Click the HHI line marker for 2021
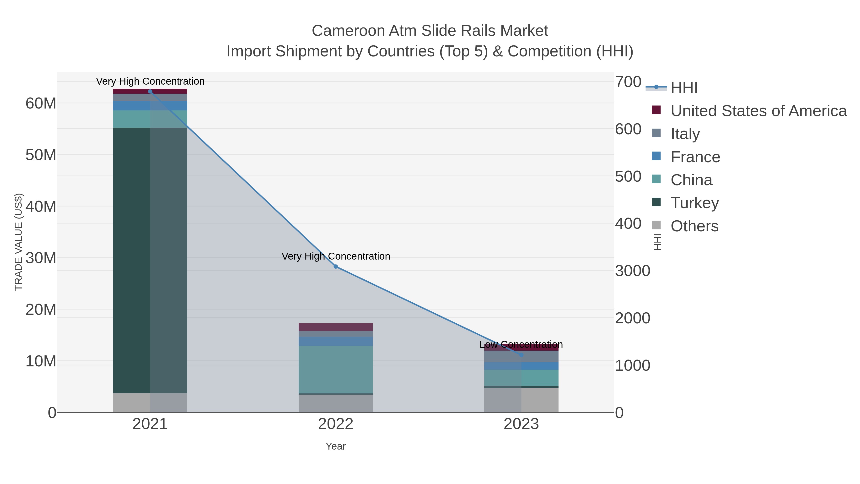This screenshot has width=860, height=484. (150, 92)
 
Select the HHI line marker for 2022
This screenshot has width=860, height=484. (336, 266)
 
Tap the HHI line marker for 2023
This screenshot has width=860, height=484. (521, 355)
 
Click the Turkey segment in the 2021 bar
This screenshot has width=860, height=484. (150, 261)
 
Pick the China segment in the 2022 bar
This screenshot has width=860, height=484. (336, 370)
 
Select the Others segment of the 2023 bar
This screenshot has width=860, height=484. (521, 400)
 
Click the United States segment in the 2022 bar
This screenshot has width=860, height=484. (336, 327)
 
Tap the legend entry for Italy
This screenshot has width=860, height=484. (685, 134)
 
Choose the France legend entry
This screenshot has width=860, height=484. (695, 157)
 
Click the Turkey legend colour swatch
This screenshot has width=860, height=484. (656, 202)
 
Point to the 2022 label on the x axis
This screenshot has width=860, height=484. (336, 424)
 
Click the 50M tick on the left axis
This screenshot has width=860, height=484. (41, 155)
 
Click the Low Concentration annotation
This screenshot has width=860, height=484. (521, 344)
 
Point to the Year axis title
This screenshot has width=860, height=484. (336, 446)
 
